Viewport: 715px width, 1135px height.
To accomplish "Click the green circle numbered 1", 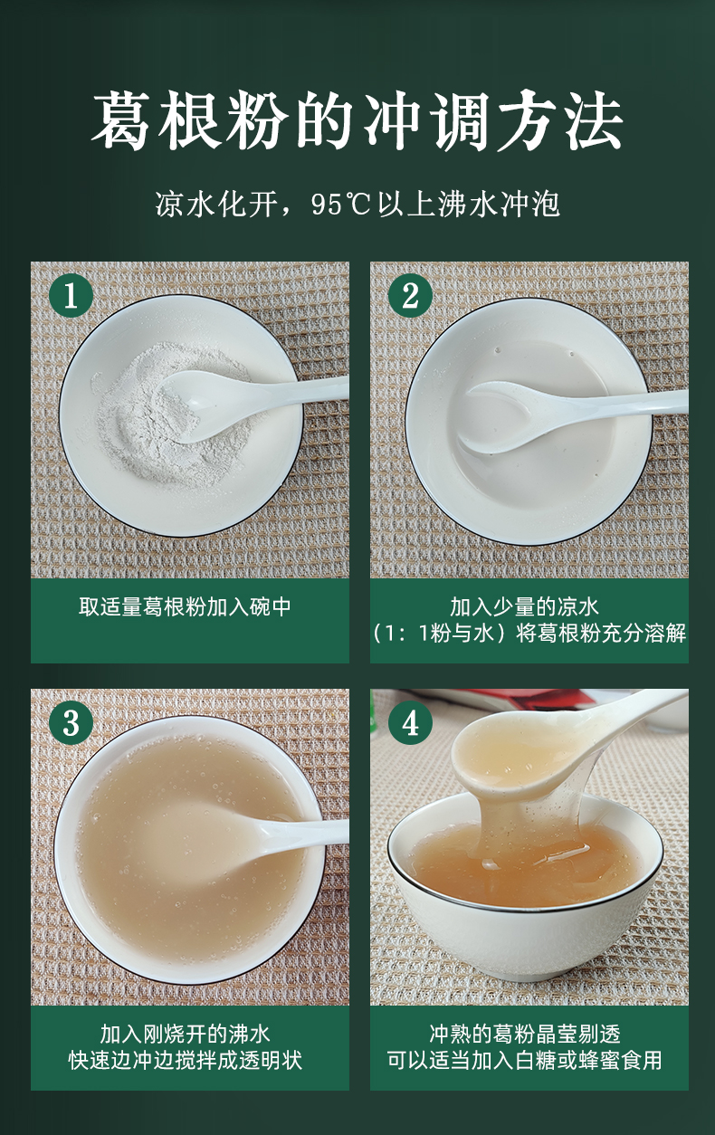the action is click(71, 295).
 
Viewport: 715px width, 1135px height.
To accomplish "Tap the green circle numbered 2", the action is click(411, 295).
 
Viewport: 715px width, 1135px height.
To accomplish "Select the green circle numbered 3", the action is click(71, 722).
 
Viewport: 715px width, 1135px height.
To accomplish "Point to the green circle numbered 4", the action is click(411, 722).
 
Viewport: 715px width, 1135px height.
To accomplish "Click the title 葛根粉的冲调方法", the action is click(357, 121).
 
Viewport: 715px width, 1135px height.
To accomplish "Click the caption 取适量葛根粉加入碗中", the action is click(185, 606).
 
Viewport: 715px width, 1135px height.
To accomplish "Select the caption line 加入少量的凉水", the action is click(524, 606).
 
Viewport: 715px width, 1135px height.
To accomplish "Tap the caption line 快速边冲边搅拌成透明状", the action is click(185, 1060).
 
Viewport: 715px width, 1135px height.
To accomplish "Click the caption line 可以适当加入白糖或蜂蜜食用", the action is click(525, 1060).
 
